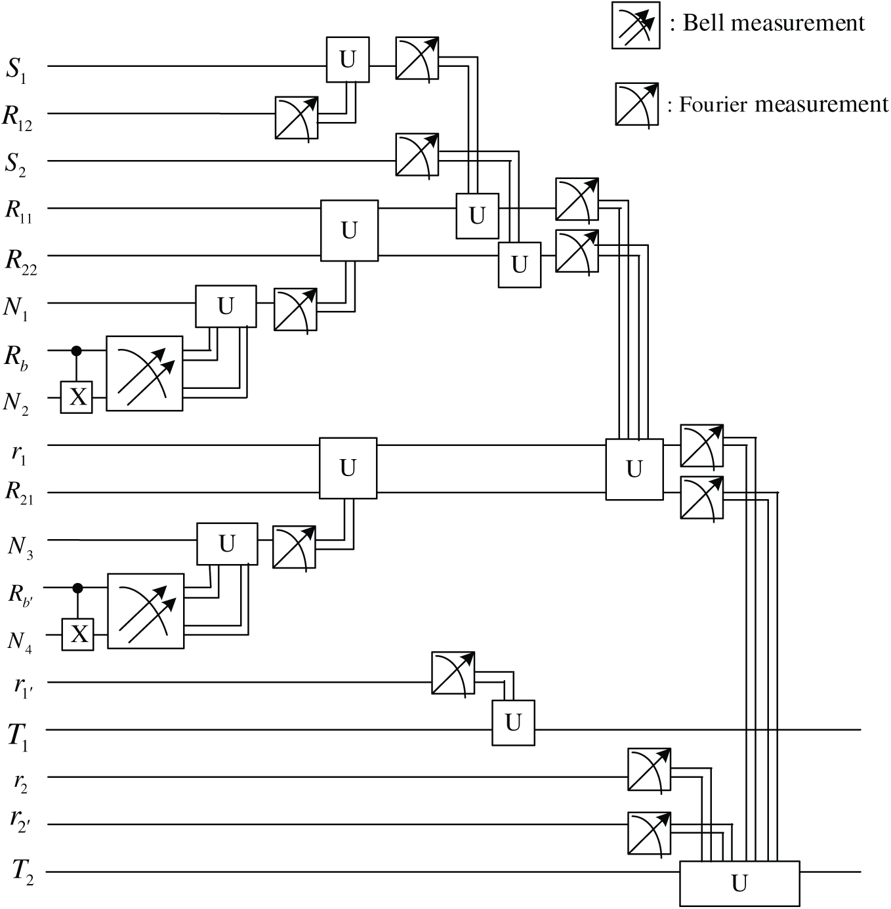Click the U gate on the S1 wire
[348, 60]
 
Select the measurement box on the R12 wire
[297, 117]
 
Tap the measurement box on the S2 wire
[417, 155]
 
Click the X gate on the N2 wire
[77, 397]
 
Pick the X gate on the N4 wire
[78, 634]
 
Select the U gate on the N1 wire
[226, 306]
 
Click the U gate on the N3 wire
[227, 544]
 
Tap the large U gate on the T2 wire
[739, 883]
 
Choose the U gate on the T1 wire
[513, 723]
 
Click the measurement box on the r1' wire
[453, 673]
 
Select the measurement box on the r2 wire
[649, 769]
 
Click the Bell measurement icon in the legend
[636, 25]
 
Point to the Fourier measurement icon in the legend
[636, 104]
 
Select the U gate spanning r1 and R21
[348, 468]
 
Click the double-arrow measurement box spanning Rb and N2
[144, 373]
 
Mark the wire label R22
[21, 260]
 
